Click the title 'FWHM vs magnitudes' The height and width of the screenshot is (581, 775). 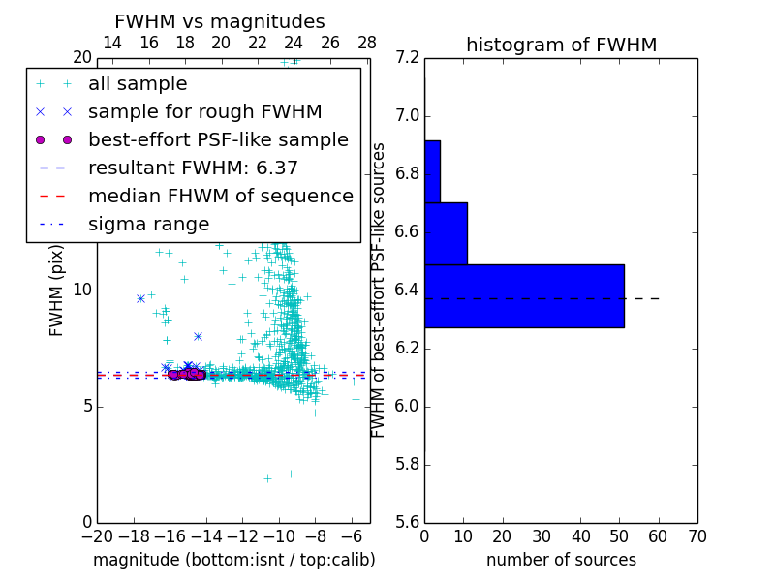(220, 21)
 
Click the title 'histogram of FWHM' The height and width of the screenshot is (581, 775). (561, 45)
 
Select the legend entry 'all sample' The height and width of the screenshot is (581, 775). (138, 84)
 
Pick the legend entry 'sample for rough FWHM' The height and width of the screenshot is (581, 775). (204, 112)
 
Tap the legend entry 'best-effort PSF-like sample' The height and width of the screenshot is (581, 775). (218, 140)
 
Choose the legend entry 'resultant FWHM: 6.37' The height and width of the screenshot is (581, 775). (193, 168)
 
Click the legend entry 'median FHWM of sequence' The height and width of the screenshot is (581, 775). (220, 197)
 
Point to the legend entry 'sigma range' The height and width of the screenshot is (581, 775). (148, 225)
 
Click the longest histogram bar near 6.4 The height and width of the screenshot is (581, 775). (524, 296)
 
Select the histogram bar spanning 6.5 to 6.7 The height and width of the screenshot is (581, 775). (446, 233)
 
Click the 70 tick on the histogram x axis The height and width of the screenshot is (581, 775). (697, 536)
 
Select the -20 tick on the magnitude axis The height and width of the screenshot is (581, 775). (97, 536)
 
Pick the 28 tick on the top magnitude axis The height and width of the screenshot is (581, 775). (367, 43)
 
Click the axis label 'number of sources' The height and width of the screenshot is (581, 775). (561, 560)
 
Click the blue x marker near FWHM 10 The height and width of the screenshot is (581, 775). (141, 298)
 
